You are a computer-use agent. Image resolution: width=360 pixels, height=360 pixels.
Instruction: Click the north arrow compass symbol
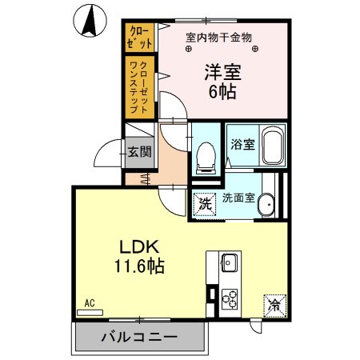(x=90, y=20)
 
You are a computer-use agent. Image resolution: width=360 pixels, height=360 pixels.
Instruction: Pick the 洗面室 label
(x=238, y=198)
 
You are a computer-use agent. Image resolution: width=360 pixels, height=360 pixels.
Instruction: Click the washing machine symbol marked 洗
(x=203, y=203)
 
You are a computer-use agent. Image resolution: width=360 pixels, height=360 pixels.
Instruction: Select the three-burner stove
(x=230, y=299)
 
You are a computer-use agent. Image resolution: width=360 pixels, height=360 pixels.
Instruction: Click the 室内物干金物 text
(x=218, y=36)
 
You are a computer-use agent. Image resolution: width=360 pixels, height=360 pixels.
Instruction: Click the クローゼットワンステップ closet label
(x=138, y=86)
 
